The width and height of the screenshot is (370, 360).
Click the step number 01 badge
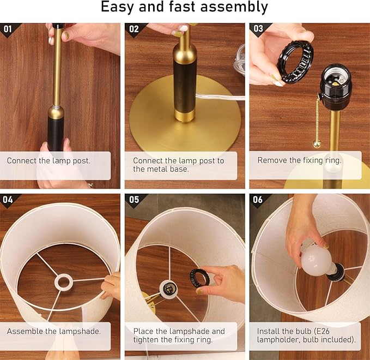[8, 29]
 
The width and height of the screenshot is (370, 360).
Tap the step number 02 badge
[134, 29]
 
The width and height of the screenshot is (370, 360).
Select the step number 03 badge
[258, 28]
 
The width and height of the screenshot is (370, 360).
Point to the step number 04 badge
[8, 200]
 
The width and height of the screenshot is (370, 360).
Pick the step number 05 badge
[134, 200]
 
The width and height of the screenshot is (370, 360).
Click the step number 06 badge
[258, 200]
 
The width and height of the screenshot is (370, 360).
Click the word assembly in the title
[234, 7]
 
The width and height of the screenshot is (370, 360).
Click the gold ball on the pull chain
[317, 143]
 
